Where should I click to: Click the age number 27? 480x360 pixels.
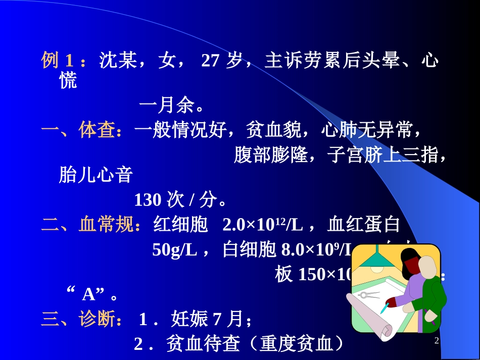click(x=210, y=61)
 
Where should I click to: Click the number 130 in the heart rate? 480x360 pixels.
click(x=148, y=200)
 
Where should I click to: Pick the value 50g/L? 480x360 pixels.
click(x=174, y=249)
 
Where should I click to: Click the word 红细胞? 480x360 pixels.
click(x=180, y=224)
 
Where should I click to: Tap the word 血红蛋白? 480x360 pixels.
click(x=364, y=224)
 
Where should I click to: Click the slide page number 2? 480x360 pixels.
click(x=437, y=341)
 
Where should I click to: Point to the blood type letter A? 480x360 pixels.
click(x=89, y=294)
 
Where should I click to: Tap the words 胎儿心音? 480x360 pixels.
click(x=96, y=175)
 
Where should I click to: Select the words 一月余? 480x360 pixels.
click(x=167, y=107)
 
